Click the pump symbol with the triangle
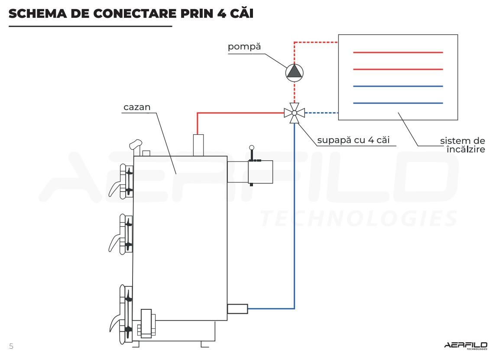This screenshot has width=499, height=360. (294, 71)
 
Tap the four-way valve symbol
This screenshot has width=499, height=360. (294, 113)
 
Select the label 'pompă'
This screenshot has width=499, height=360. (244, 47)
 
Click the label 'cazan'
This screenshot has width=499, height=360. (137, 107)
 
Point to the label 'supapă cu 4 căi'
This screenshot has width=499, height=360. (356, 140)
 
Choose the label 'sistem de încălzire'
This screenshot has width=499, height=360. (462, 145)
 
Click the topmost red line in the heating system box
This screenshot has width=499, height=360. (398, 52)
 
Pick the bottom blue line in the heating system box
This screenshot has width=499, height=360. (398, 103)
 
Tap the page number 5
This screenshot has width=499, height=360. (11, 346)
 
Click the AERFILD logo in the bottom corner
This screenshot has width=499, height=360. (466, 345)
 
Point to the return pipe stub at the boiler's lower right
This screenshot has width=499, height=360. (237, 309)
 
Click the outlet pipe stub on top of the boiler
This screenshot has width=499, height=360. (198, 145)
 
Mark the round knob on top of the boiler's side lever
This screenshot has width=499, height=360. (252, 148)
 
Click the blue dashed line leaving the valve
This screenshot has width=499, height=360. (321, 113)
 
